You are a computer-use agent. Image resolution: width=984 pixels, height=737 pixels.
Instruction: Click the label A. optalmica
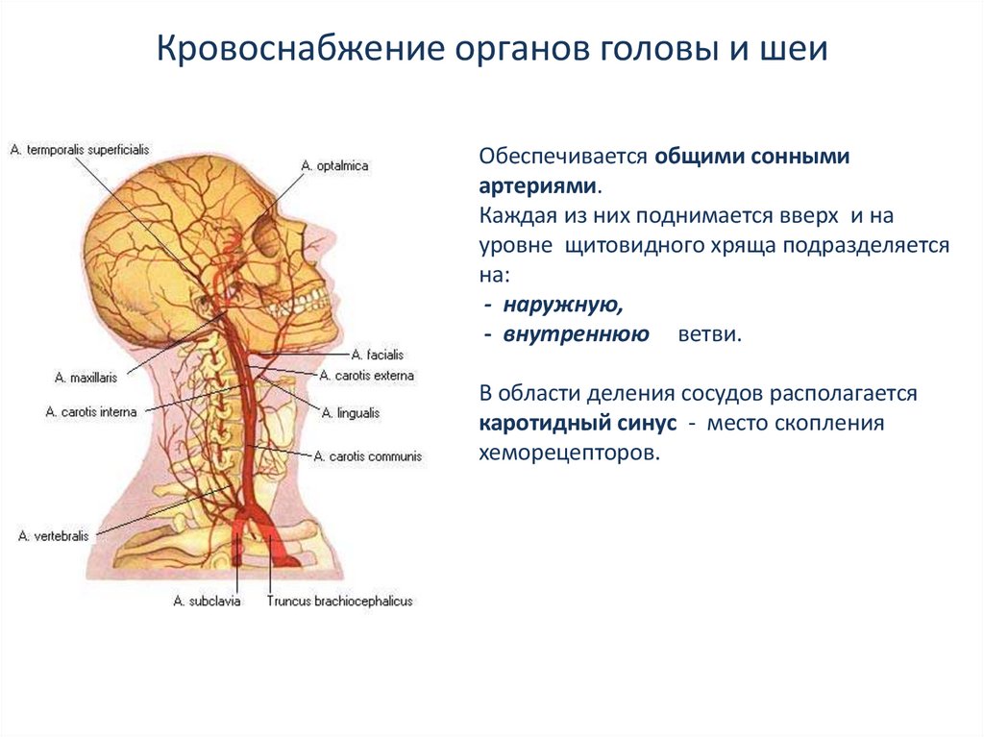(334, 166)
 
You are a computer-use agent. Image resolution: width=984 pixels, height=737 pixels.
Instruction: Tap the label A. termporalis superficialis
(80, 150)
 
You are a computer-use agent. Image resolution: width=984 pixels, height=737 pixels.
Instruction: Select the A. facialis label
(371, 356)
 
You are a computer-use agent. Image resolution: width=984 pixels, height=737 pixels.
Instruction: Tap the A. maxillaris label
(89, 376)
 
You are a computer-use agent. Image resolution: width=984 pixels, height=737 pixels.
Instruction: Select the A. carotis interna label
(91, 411)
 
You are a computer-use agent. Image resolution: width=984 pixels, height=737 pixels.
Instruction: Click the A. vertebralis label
(54, 536)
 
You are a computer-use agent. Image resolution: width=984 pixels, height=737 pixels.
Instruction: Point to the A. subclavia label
(207, 602)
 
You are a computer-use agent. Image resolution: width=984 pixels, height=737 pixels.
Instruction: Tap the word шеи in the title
(797, 50)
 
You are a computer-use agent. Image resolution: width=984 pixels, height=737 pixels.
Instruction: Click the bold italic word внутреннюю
(575, 334)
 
